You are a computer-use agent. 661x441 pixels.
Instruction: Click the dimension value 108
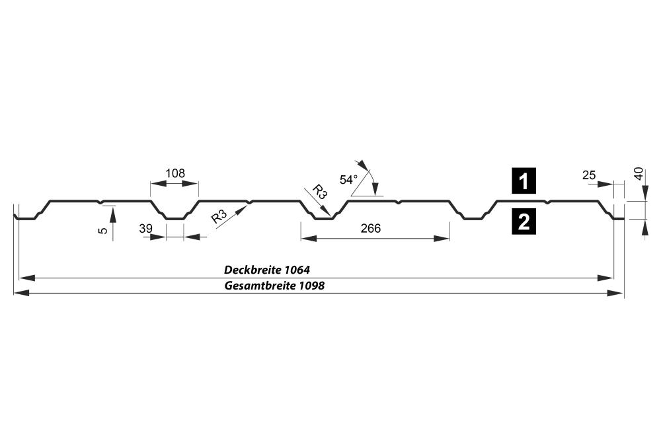[175, 173]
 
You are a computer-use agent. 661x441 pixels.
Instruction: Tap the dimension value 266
[371, 228]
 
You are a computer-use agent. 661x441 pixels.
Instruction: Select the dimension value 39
[145, 229]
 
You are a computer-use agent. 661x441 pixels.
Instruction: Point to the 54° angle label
[348, 180]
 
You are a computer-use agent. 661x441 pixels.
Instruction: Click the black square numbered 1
[524, 181]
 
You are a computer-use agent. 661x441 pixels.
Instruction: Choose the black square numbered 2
[524, 221]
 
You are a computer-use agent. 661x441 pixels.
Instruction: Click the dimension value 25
[589, 175]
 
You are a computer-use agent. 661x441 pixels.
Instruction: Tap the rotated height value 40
[639, 174]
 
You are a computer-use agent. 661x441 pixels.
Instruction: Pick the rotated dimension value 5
[103, 230]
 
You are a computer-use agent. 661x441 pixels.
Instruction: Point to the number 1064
[297, 269]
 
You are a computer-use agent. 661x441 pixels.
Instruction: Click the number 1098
[312, 286]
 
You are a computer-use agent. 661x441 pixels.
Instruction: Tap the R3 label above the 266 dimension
[319, 191]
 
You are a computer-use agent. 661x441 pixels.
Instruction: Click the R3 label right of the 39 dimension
[219, 216]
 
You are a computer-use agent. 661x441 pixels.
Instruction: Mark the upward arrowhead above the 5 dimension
[113, 215]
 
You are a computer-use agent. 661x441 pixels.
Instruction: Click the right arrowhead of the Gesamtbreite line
[616, 293]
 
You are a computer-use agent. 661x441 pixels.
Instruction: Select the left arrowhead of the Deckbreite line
[27, 278]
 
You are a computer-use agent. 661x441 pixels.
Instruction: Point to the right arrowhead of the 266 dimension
[442, 239]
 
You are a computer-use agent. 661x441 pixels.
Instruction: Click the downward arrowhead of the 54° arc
[375, 188]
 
